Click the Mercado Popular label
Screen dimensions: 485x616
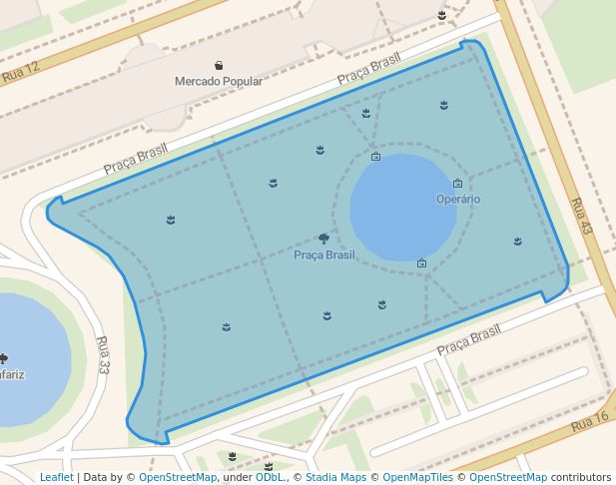click(219, 81)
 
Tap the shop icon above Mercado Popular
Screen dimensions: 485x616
click(220, 65)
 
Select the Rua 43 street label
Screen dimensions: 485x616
click(581, 216)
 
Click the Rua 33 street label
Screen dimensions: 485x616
click(104, 353)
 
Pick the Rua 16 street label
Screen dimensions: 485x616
click(589, 421)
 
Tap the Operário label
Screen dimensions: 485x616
click(458, 199)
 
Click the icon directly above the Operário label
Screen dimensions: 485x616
click(457, 183)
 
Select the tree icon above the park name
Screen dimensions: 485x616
click(323, 239)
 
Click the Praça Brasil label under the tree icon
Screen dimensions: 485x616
click(324, 254)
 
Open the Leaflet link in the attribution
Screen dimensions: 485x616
click(56, 477)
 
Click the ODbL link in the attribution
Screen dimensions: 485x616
click(270, 477)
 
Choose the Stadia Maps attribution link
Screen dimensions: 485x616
click(335, 477)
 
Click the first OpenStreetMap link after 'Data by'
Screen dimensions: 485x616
click(178, 477)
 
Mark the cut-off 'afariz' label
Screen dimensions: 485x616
click(11, 374)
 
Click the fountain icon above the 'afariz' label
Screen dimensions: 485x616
click(4, 358)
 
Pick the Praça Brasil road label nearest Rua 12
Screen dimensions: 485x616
click(136, 158)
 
